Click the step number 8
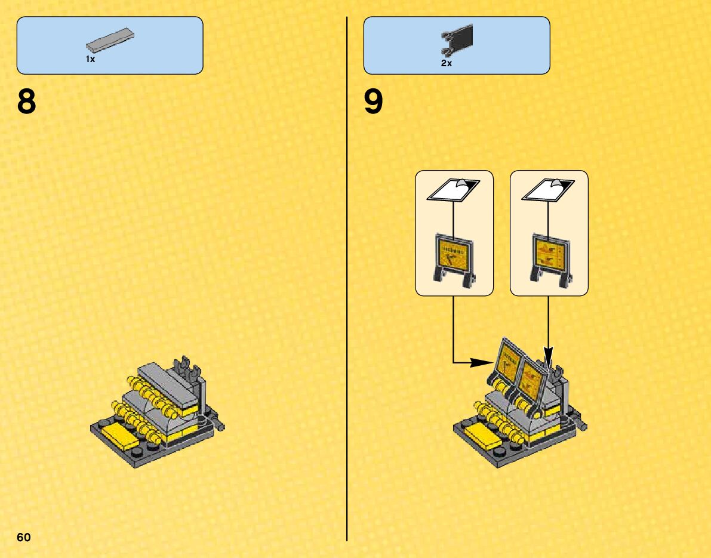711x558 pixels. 27,103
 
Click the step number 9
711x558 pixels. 374,103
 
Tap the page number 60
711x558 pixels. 24,537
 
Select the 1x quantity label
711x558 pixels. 90,60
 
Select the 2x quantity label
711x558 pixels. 447,63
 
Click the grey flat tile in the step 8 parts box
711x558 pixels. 110,39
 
